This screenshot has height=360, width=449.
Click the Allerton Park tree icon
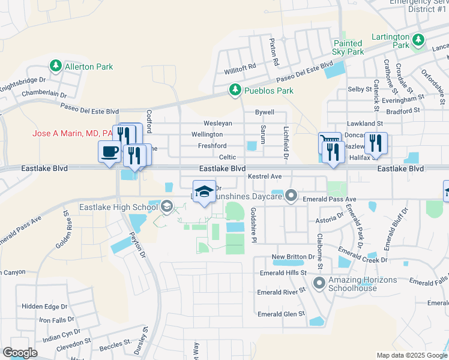point(56,64)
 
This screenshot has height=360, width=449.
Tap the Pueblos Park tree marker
point(235,91)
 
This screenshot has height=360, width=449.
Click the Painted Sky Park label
point(348,47)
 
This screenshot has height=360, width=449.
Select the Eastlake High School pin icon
point(166,208)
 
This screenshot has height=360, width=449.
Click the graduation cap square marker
point(204,191)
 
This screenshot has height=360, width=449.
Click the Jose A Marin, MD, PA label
point(73,133)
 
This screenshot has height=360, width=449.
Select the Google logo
point(20,353)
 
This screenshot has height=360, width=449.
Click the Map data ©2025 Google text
point(411,355)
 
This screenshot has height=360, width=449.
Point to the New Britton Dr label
point(293,257)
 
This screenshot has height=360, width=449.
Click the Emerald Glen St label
point(281,314)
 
